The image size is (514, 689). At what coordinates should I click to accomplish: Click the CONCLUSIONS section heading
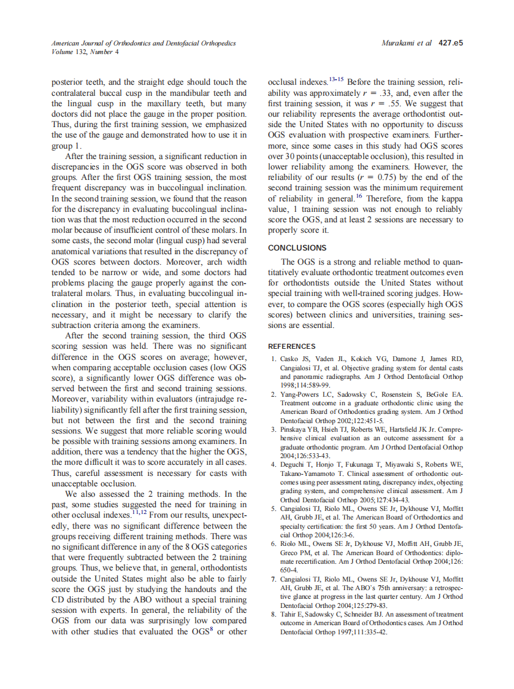coord(297,248)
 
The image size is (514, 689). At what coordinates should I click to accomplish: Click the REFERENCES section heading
coord(291,346)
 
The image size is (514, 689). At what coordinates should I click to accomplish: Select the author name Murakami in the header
coord(399,44)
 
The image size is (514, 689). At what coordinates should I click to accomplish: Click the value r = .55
coord(388,104)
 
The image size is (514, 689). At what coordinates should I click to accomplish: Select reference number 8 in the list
coord(273,614)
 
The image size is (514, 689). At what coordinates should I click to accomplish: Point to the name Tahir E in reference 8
coord(291,614)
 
